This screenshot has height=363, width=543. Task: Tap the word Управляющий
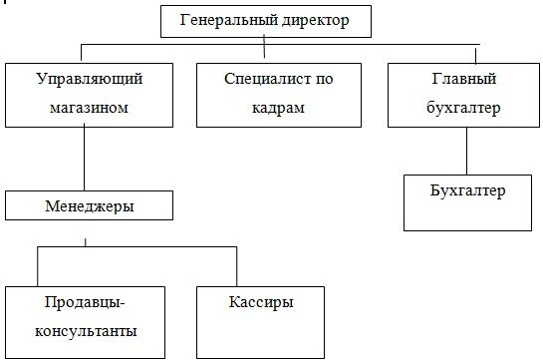(84, 78)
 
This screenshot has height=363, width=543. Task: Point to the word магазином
(84, 107)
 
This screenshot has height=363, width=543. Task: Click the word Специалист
(255, 78)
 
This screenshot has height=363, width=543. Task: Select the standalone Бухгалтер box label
(468, 189)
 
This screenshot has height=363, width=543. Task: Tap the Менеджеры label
(90, 206)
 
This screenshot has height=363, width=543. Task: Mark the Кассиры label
(262, 301)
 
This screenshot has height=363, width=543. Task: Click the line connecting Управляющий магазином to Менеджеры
(84, 160)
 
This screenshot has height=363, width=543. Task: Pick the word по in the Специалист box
(319, 78)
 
